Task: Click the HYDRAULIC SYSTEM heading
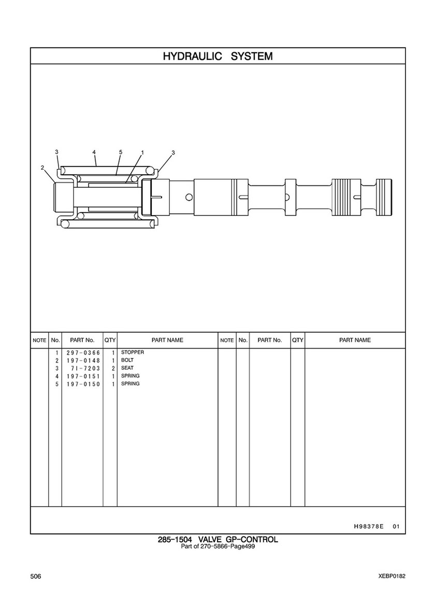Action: tap(218, 56)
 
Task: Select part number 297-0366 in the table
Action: tap(83, 353)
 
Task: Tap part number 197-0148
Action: tap(83, 361)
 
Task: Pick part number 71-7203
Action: tap(85, 368)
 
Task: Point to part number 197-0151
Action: tap(83, 376)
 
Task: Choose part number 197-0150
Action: tap(83, 384)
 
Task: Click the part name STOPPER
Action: tap(132, 352)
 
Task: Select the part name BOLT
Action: tap(127, 360)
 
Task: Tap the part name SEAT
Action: tap(127, 368)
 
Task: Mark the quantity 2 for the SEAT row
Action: tap(113, 368)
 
